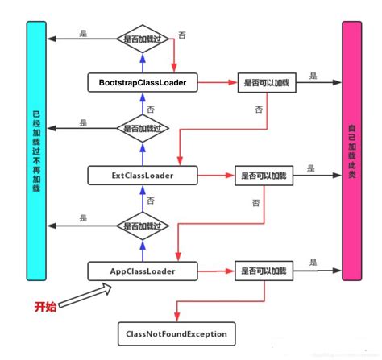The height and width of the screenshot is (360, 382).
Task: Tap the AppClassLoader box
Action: coord(142,271)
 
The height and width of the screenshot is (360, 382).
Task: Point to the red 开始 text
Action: coord(45,308)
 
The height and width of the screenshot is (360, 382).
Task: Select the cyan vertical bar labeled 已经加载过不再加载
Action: coord(37,151)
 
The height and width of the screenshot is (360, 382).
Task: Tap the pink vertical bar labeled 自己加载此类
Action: coord(352,151)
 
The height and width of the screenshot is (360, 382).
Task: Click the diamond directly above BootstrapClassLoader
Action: coord(142,39)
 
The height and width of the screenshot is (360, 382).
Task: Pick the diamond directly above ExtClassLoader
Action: coord(142,128)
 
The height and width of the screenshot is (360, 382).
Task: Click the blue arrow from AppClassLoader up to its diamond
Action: coord(142,250)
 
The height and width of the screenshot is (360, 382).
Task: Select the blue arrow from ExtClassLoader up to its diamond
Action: coord(142,153)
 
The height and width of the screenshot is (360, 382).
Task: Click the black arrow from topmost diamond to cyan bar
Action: coord(81,39)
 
